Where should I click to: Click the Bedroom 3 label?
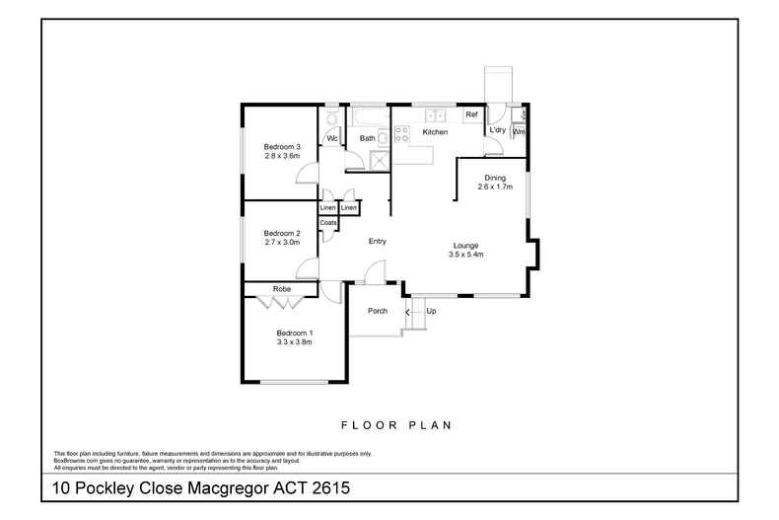pos(281,147)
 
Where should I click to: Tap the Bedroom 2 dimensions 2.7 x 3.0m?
pos(281,242)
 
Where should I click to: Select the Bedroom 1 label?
pos(294,333)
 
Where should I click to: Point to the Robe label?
pos(282,288)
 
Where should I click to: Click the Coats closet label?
pos(328,223)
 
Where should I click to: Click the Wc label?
pos(332,138)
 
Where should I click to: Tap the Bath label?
pos(367,138)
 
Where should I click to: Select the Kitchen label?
pos(435,131)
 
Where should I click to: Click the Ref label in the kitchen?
pos(471,115)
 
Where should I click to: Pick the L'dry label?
pos(498,130)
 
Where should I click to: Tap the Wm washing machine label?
pos(519,131)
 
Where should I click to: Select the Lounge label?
pos(465,245)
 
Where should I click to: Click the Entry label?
pos(377,241)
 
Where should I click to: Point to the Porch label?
pos(377,311)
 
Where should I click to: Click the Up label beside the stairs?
pos(431,311)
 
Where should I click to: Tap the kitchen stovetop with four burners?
pos(401,134)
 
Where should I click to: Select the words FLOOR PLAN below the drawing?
pos(395,425)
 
